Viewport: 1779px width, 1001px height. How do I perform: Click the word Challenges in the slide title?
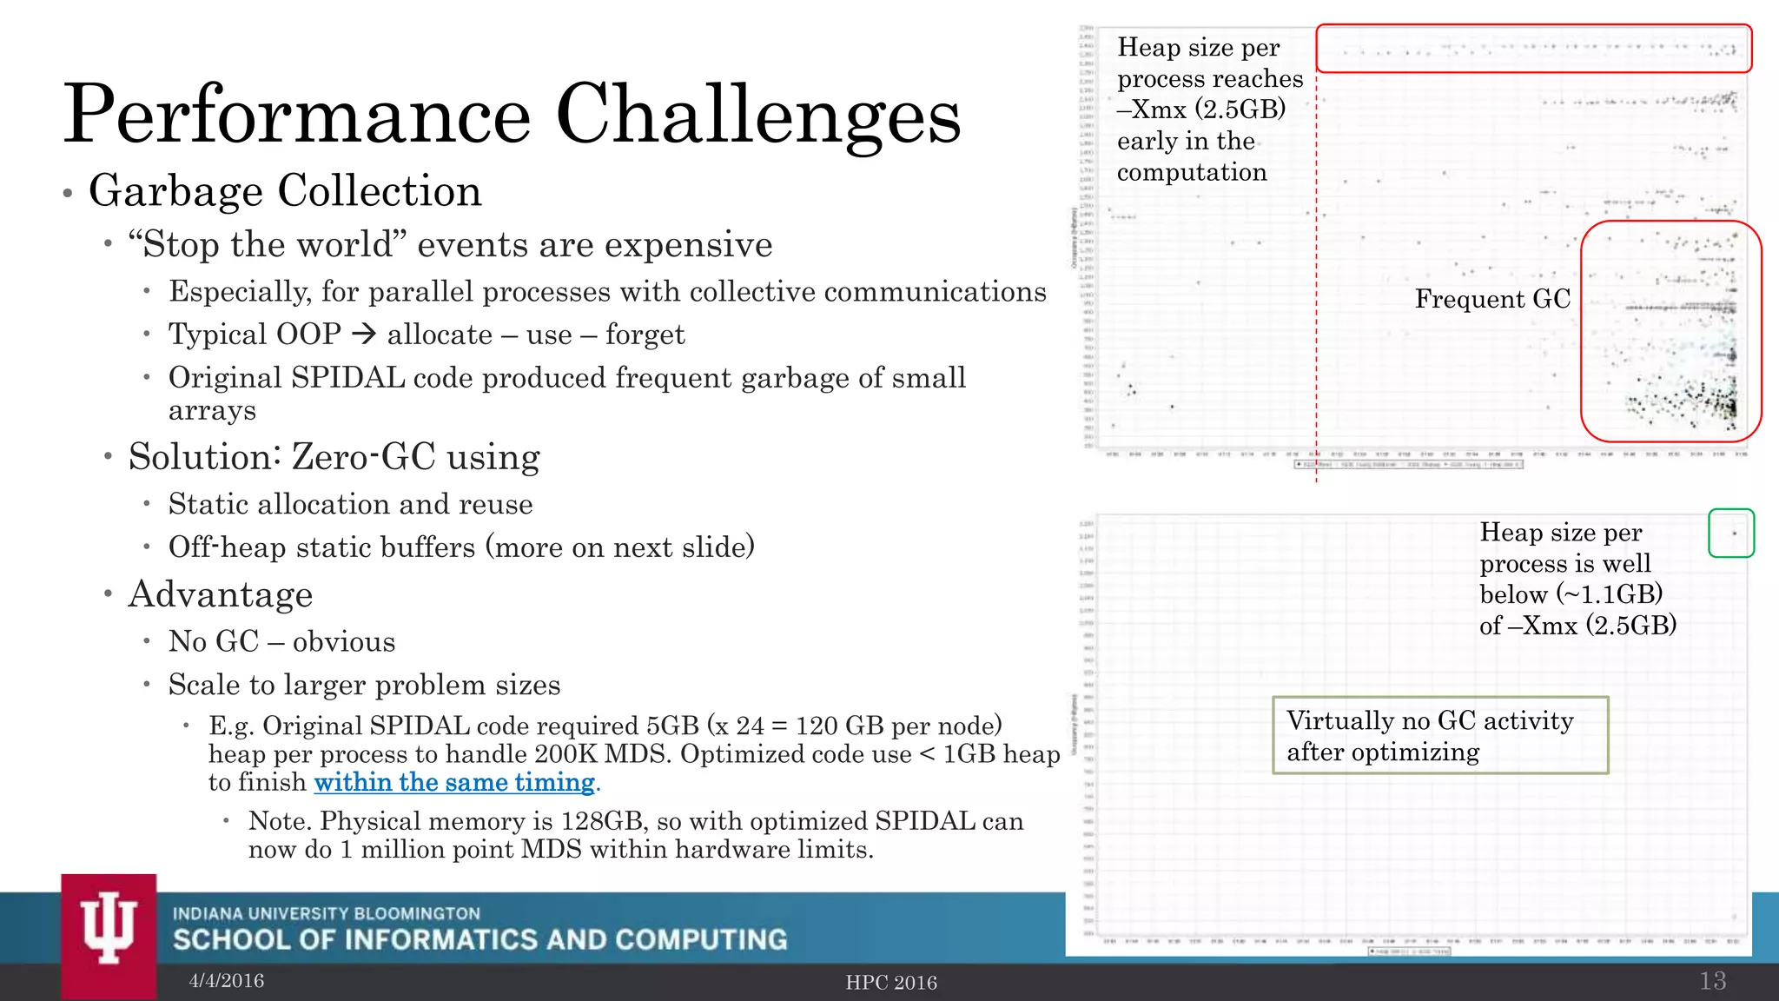757,115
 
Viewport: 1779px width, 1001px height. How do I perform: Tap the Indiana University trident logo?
109,930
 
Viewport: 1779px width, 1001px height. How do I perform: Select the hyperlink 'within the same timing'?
454,782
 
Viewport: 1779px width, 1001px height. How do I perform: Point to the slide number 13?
1712,981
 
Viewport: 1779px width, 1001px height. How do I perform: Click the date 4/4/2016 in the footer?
227,981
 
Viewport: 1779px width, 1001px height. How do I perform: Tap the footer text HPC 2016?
891,983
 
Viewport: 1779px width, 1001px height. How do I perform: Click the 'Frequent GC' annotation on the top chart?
1492,299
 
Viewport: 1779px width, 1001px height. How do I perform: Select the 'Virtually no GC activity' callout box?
1440,735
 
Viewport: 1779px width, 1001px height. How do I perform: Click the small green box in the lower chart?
1730,533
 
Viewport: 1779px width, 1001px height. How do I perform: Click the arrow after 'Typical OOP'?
364,334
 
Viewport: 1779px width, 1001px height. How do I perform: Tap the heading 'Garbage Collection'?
285,191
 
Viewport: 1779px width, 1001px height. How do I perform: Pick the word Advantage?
221,594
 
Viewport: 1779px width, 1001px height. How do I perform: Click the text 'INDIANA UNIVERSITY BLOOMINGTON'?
326,913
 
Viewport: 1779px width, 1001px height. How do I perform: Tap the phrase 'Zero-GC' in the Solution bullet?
362,457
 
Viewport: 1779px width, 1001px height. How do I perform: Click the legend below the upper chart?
1408,465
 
